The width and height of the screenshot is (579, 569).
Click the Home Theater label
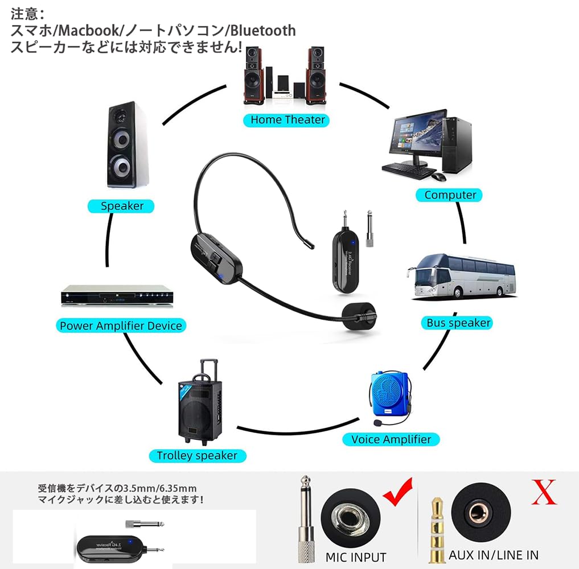click(x=288, y=119)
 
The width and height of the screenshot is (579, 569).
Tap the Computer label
click(x=450, y=195)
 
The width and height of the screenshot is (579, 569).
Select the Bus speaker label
click(x=458, y=323)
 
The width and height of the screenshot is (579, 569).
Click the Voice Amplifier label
click(x=391, y=439)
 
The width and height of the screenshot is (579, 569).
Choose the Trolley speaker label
click(x=197, y=455)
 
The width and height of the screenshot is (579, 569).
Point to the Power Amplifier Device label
click(x=121, y=325)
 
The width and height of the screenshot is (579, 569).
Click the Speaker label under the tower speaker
click(x=122, y=206)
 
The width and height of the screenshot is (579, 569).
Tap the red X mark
click(x=544, y=493)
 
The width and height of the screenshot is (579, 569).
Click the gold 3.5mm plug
click(x=437, y=529)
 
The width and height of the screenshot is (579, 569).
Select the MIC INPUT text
click(x=355, y=557)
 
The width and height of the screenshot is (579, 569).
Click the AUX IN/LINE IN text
click(x=493, y=555)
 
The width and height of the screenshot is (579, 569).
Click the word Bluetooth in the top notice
click(x=263, y=31)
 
